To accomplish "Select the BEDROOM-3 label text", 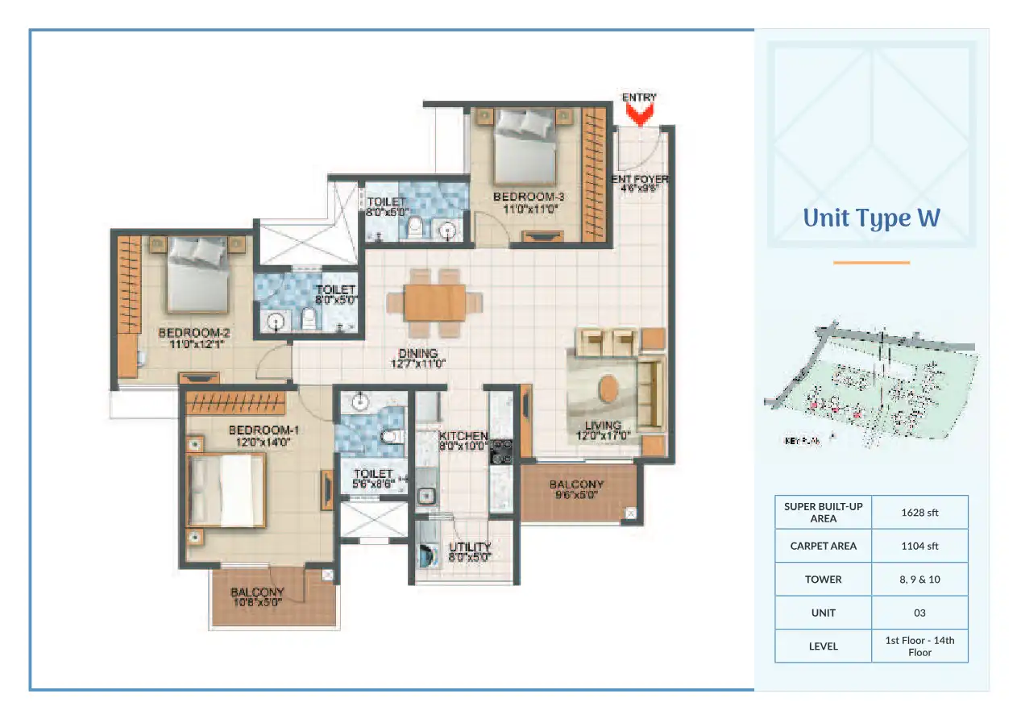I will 524,202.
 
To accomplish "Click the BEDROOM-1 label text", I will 259,435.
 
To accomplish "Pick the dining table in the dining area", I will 435,302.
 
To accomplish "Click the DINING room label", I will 417,358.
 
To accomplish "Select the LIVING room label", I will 603,430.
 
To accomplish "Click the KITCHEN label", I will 463,440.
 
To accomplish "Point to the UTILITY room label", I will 470,551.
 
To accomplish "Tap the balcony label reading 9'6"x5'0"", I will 576,489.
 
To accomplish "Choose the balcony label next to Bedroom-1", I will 257,596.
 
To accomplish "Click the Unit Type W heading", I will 871,218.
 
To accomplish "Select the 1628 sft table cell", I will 919,512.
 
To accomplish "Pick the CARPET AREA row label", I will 823,546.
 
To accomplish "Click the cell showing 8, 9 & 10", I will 919,580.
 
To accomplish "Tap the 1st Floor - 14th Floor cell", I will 919,646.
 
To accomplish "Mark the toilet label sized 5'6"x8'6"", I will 373,479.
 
